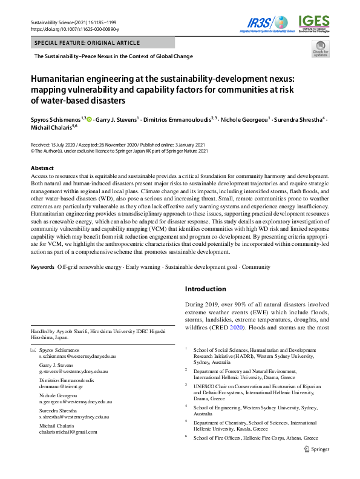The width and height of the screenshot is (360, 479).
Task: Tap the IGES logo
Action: pos(313,23)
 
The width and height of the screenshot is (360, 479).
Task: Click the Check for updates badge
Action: pos(320,55)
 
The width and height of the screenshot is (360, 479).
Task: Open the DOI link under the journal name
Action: pos(74,29)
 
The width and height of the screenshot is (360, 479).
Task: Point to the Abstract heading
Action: pos(42,168)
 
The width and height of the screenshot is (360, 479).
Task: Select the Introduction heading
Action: pos(205,289)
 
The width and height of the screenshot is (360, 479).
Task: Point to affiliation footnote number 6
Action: pos(186,435)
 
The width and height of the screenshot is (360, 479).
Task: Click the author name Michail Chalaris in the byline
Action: pos(51,128)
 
